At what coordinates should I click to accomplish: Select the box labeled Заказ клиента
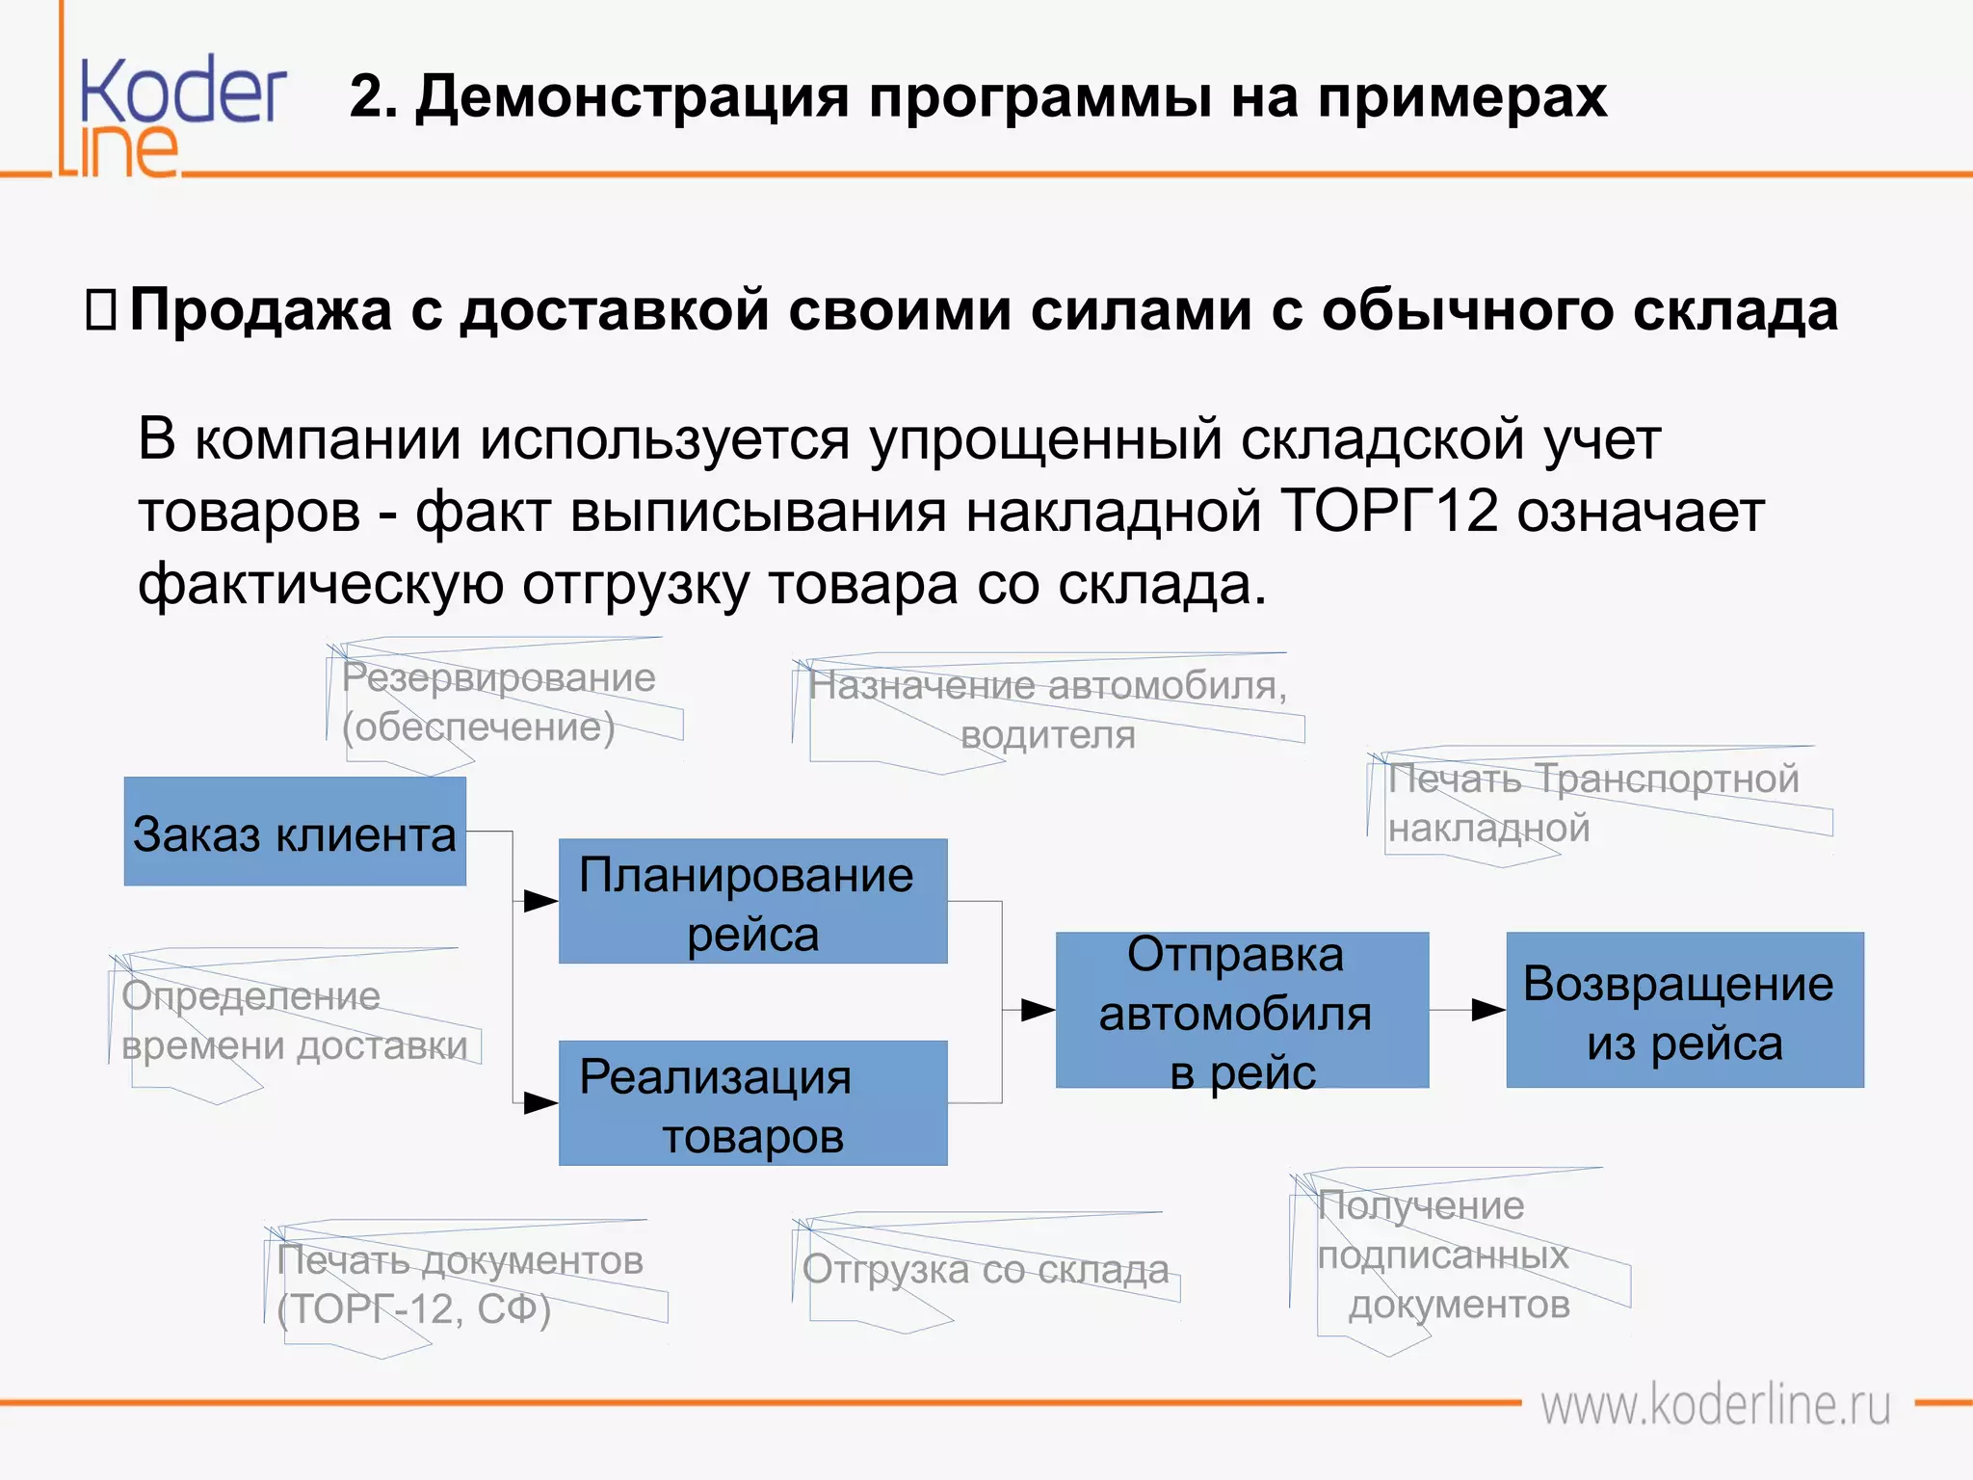tap(295, 832)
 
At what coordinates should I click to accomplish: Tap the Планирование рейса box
tap(752, 901)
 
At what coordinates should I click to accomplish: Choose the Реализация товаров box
tap(752, 1103)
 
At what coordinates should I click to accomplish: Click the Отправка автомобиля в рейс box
tap(1242, 1010)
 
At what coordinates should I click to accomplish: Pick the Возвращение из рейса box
tap(1684, 1010)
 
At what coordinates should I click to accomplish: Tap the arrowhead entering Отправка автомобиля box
tap(1038, 1010)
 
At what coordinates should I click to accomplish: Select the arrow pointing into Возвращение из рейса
tap(1488, 1010)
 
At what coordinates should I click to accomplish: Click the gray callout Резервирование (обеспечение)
tap(499, 702)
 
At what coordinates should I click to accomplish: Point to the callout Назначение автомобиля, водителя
tap(1048, 710)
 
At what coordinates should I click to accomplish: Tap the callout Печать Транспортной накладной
tap(1592, 803)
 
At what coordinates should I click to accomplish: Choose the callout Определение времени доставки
tap(294, 1020)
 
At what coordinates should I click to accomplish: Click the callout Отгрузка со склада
tap(986, 1269)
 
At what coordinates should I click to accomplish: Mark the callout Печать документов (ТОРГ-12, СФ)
tap(460, 1284)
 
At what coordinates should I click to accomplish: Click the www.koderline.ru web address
tap(1716, 1406)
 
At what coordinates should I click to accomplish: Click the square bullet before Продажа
tap(100, 310)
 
